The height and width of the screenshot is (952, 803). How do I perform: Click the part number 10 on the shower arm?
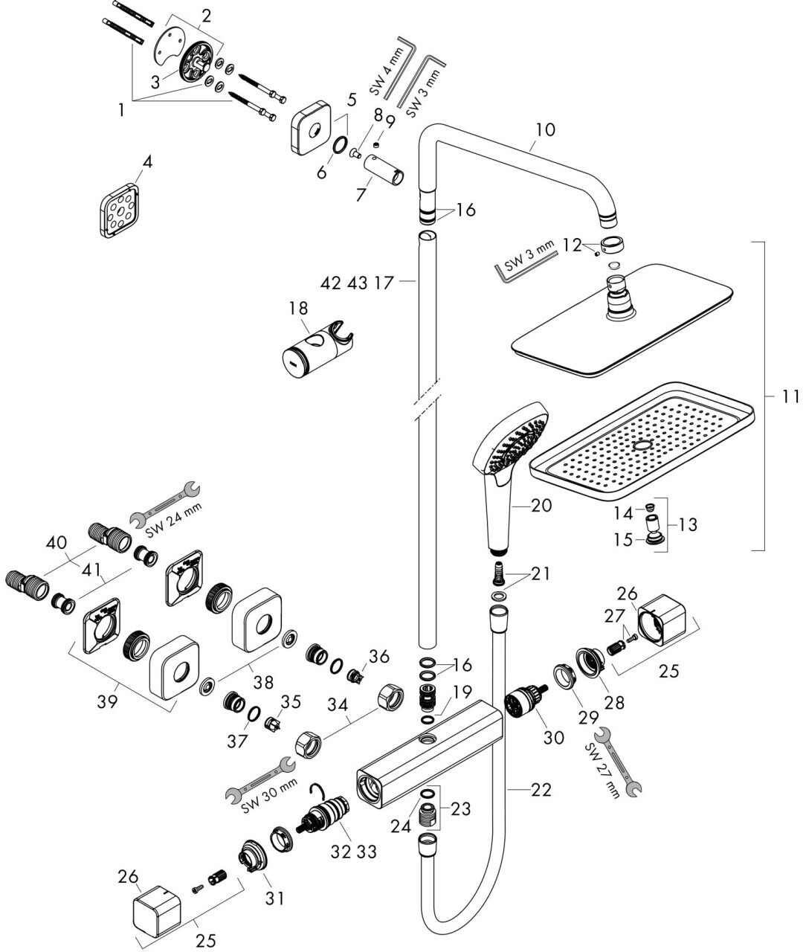tap(544, 129)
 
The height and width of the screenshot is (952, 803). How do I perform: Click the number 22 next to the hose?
tap(541, 790)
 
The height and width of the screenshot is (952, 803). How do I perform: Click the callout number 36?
tap(379, 656)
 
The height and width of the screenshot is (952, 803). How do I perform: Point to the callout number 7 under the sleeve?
tap(361, 195)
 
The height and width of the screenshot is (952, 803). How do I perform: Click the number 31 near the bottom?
tap(275, 898)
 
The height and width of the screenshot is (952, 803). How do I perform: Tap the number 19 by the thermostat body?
tap(462, 692)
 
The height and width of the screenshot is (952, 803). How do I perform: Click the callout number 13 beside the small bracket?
tap(688, 524)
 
